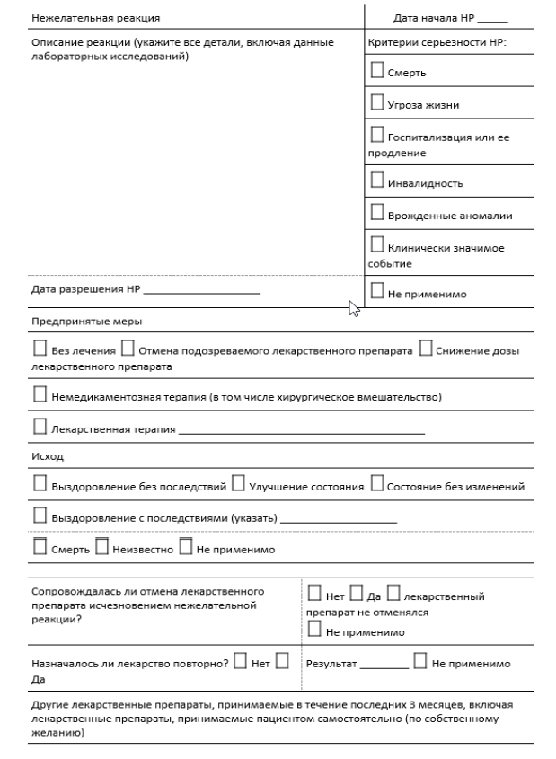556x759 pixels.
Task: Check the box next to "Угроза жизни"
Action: coord(376,104)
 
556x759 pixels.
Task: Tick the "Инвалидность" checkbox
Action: coord(376,181)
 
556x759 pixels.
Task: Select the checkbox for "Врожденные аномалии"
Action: coord(376,214)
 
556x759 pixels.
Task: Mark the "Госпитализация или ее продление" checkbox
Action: coord(376,137)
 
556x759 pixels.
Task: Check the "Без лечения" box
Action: coord(40,349)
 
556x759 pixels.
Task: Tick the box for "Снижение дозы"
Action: coord(426,349)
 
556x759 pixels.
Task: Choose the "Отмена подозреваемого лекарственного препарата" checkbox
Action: coord(128,349)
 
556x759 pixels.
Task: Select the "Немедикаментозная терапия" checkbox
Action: coord(40,395)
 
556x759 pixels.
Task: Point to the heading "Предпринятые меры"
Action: coord(75,321)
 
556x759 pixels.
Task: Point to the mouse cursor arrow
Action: coord(353,309)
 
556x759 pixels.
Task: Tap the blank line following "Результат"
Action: coord(384,666)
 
